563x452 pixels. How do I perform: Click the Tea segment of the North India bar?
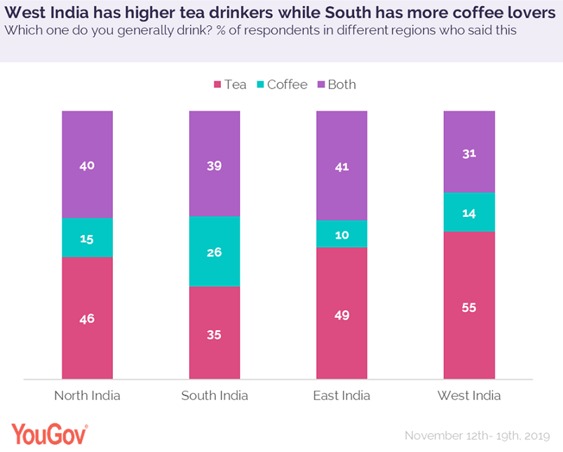tap(87, 317)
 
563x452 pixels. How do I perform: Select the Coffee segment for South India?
tap(214, 251)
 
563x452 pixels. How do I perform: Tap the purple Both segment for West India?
tap(469, 151)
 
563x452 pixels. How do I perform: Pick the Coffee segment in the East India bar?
tap(341, 233)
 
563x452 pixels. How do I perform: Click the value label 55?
tap(469, 307)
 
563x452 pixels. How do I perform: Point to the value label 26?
tap(214, 252)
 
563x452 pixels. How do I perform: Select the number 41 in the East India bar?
tap(341, 167)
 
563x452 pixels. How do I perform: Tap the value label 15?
tap(87, 239)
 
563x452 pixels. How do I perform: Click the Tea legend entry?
tap(230, 84)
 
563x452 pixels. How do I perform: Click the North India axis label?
tap(87, 395)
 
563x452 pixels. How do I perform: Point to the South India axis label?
tap(214, 395)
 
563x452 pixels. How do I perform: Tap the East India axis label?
tap(341, 395)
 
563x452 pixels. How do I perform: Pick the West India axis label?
tap(469, 395)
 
